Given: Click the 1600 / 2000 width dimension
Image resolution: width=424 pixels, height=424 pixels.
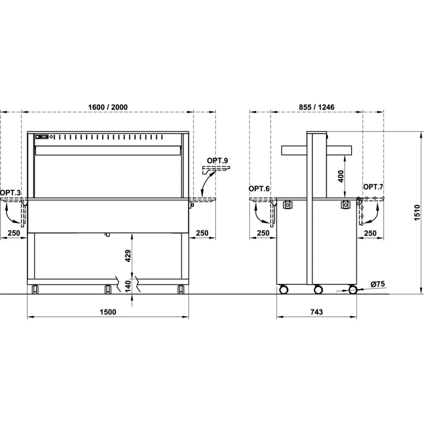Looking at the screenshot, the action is click(x=108, y=107).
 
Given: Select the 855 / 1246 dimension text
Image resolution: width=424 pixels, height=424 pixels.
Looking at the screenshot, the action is click(x=316, y=107).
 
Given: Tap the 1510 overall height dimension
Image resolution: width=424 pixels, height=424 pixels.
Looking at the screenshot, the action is click(x=417, y=212).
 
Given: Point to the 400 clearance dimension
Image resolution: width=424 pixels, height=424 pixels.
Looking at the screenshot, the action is click(x=341, y=176).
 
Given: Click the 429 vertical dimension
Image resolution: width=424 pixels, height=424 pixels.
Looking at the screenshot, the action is click(x=128, y=256).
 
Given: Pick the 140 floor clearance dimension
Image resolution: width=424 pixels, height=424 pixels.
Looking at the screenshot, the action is click(x=128, y=286).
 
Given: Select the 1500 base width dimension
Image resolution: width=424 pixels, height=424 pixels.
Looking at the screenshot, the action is click(x=108, y=312).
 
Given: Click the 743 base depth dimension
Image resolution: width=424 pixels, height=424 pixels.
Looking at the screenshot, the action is click(x=316, y=312).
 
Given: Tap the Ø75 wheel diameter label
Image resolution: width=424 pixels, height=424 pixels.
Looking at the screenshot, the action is click(x=377, y=284).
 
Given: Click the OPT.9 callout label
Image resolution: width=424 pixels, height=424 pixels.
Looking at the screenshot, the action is click(x=218, y=161).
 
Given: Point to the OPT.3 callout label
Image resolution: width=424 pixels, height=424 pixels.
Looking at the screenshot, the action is click(x=10, y=193).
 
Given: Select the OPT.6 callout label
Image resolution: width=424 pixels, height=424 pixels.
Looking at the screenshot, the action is click(x=259, y=189).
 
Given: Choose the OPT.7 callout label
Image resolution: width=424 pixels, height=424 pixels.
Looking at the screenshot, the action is click(x=373, y=187).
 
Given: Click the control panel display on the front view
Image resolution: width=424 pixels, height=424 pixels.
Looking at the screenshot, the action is click(x=42, y=137).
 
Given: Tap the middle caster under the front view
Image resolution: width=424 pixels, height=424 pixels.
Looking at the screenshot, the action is click(x=108, y=289).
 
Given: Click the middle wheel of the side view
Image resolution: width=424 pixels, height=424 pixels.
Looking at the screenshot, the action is click(x=318, y=290).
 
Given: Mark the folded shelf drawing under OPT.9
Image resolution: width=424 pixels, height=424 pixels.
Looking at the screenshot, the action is click(x=216, y=170).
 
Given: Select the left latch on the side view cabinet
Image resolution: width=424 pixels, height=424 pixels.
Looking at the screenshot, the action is click(x=287, y=205).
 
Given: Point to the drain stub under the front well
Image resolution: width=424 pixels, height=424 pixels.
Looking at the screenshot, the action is click(x=107, y=234).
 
